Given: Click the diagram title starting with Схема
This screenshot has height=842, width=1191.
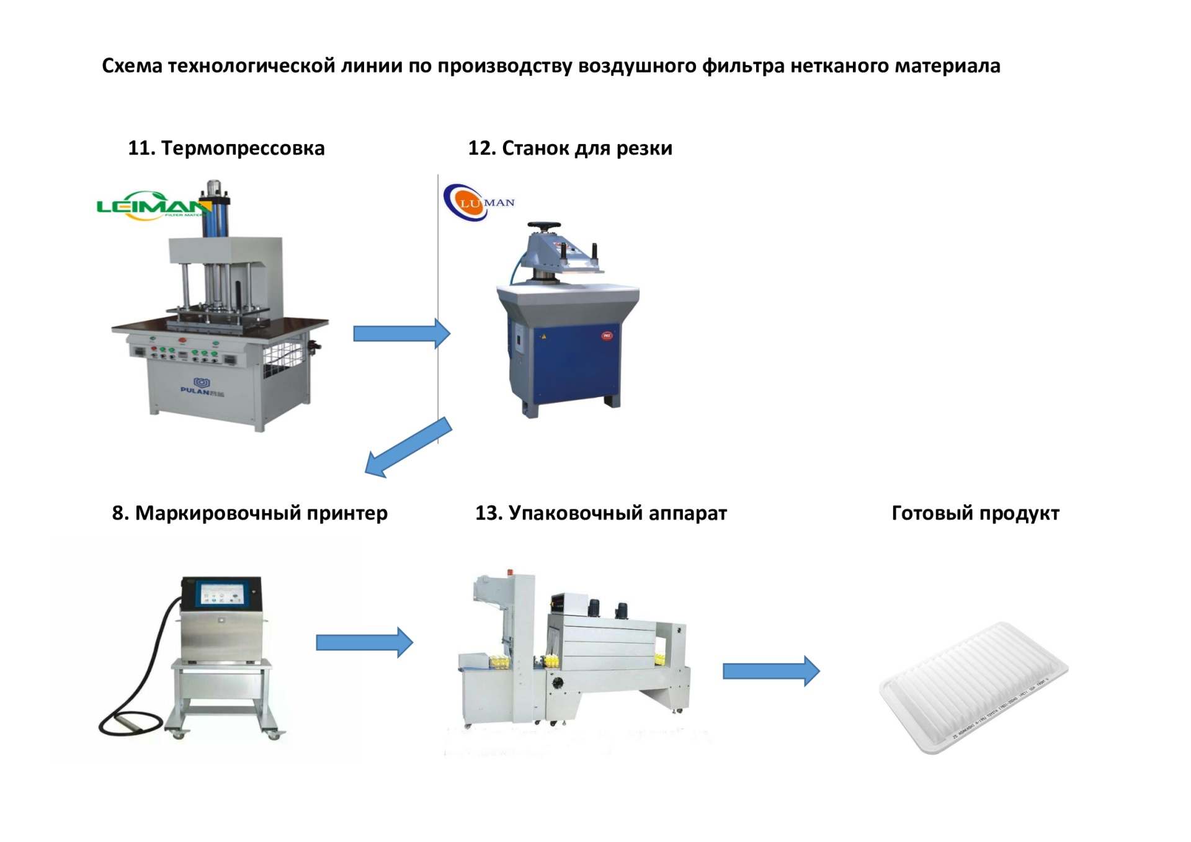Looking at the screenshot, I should tap(551, 66).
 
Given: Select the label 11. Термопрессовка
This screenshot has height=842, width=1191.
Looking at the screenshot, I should tap(226, 148).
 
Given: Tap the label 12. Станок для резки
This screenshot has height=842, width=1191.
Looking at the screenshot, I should tap(570, 148).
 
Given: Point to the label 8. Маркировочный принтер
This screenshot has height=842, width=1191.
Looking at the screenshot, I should tap(249, 513).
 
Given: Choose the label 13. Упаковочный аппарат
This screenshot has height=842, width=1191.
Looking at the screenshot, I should tap(600, 513).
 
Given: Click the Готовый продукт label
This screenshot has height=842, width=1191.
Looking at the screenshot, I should tap(975, 513).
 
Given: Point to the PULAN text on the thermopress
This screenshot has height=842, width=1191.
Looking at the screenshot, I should tap(195, 391).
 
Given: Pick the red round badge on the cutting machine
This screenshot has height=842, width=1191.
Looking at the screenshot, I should tap(607, 336).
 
